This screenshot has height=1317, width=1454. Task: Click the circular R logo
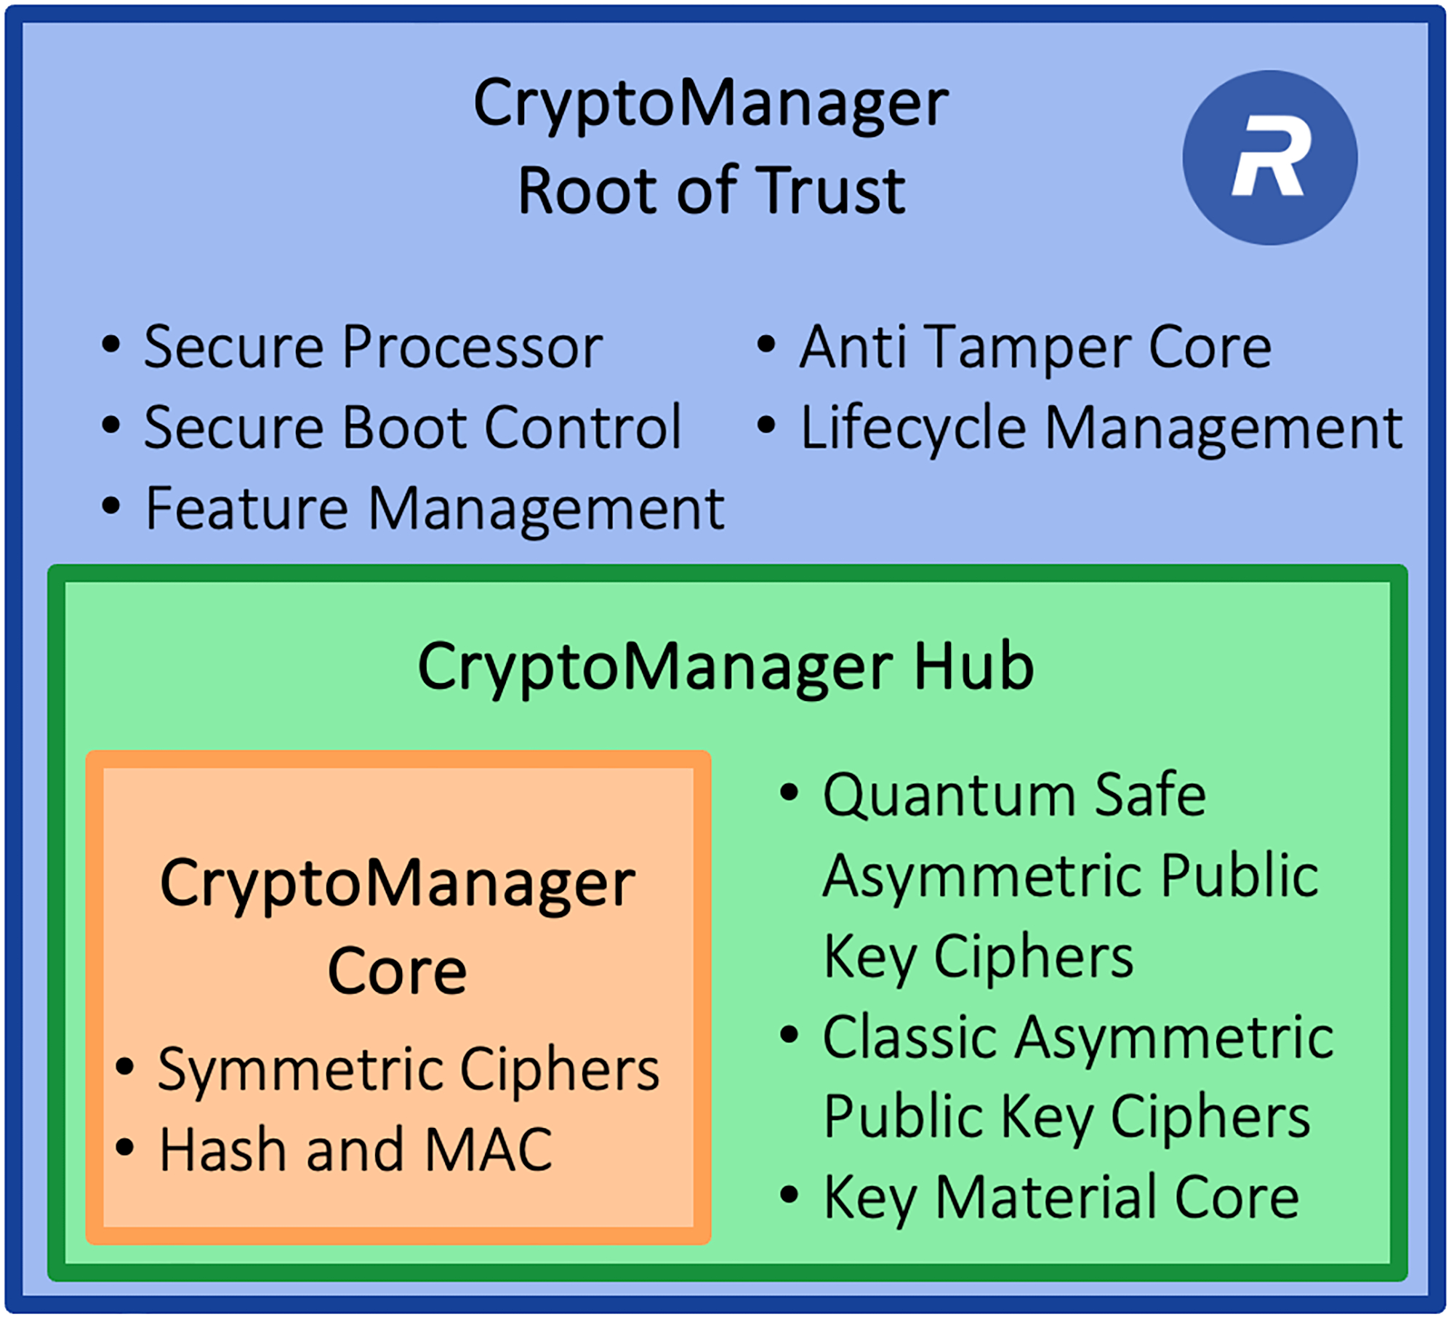[1269, 158]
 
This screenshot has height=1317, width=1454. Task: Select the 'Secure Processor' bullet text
[373, 348]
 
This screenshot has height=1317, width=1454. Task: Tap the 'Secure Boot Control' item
[412, 428]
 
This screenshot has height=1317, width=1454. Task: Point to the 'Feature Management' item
[435, 508]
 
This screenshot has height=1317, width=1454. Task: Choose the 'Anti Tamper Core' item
[1035, 348]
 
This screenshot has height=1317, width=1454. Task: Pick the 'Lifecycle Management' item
[1101, 428]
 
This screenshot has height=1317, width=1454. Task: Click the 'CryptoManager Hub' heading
[726, 667]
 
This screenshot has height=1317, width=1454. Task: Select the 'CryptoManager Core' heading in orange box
[398, 927]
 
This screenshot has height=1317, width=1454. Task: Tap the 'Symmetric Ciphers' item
[409, 1070]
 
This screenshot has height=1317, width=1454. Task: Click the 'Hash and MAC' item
[356, 1150]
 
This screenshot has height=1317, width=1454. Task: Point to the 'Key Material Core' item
[1061, 1198]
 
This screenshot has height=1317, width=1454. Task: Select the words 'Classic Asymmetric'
[1077, 1037]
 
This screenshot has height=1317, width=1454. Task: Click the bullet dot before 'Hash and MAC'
[125, 1147]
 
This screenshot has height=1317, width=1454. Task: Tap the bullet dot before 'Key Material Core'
[789, 1194]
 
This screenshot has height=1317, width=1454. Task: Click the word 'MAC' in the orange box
[488, 1150]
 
